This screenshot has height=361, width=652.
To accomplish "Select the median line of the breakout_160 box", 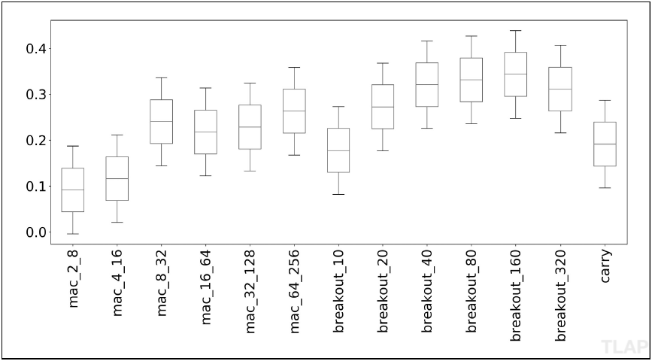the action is click(516, 74).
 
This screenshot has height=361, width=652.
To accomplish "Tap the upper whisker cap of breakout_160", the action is click(516, 30).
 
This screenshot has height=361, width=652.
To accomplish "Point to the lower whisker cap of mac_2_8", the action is click(73, 234).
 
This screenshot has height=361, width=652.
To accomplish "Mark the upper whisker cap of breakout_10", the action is click(338, 107).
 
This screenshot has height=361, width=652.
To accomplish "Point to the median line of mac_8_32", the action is click(162, 121).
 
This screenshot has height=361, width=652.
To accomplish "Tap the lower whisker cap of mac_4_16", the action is click(117, 222).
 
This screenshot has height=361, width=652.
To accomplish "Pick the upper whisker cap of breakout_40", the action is click(427, 41).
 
